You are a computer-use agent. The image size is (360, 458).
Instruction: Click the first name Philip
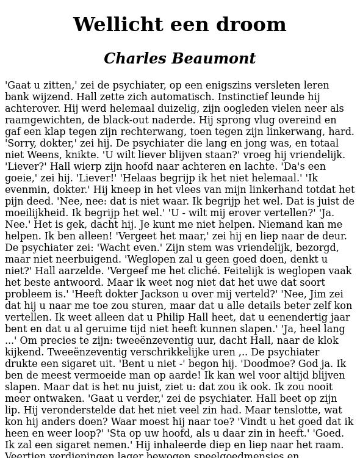pyautogui.click(x=176, y=318)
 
